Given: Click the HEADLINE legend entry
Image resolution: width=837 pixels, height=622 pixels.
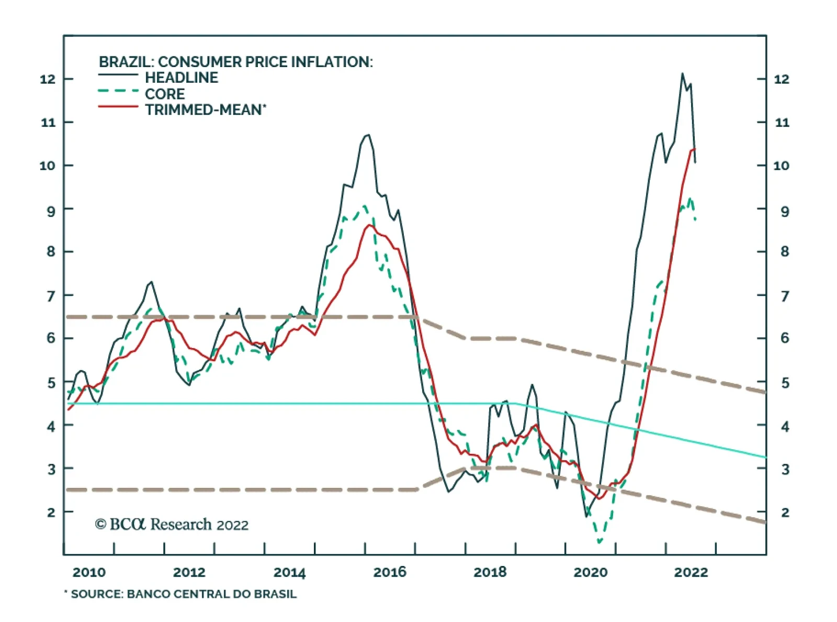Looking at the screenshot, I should click(181, 77).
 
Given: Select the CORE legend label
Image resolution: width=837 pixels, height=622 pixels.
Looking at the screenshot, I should click(164, 94).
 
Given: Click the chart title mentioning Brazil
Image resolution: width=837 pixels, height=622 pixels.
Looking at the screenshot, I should click(235, 62).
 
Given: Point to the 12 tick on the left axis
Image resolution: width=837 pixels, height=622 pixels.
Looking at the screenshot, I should click(48, 79).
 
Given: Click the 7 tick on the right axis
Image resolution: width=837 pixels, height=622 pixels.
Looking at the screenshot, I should click(785, 296).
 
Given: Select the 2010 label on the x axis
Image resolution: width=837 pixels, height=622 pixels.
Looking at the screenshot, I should click(89, 572).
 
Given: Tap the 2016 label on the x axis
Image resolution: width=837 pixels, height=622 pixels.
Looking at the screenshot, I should click(390, 572).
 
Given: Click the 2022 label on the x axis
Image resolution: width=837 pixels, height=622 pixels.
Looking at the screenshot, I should click(691, 572).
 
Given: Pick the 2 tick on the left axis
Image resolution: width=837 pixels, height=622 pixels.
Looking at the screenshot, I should click(51, 512).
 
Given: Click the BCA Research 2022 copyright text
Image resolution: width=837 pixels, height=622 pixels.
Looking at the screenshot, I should click(172, 524).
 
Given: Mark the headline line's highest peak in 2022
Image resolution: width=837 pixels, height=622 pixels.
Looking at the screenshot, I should click(682, 74).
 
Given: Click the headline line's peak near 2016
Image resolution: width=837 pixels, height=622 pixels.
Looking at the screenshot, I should click(368, 135).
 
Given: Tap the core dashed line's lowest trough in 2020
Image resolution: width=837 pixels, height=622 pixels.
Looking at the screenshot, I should click(600, 542).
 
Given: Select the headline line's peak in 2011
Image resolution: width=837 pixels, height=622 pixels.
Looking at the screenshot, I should click(151, 282).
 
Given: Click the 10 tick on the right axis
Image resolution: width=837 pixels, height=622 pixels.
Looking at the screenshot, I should click(781, 165).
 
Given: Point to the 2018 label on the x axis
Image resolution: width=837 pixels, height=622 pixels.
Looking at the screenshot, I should click(490, 572).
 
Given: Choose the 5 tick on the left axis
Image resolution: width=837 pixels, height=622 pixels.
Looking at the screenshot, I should click(51, 383).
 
